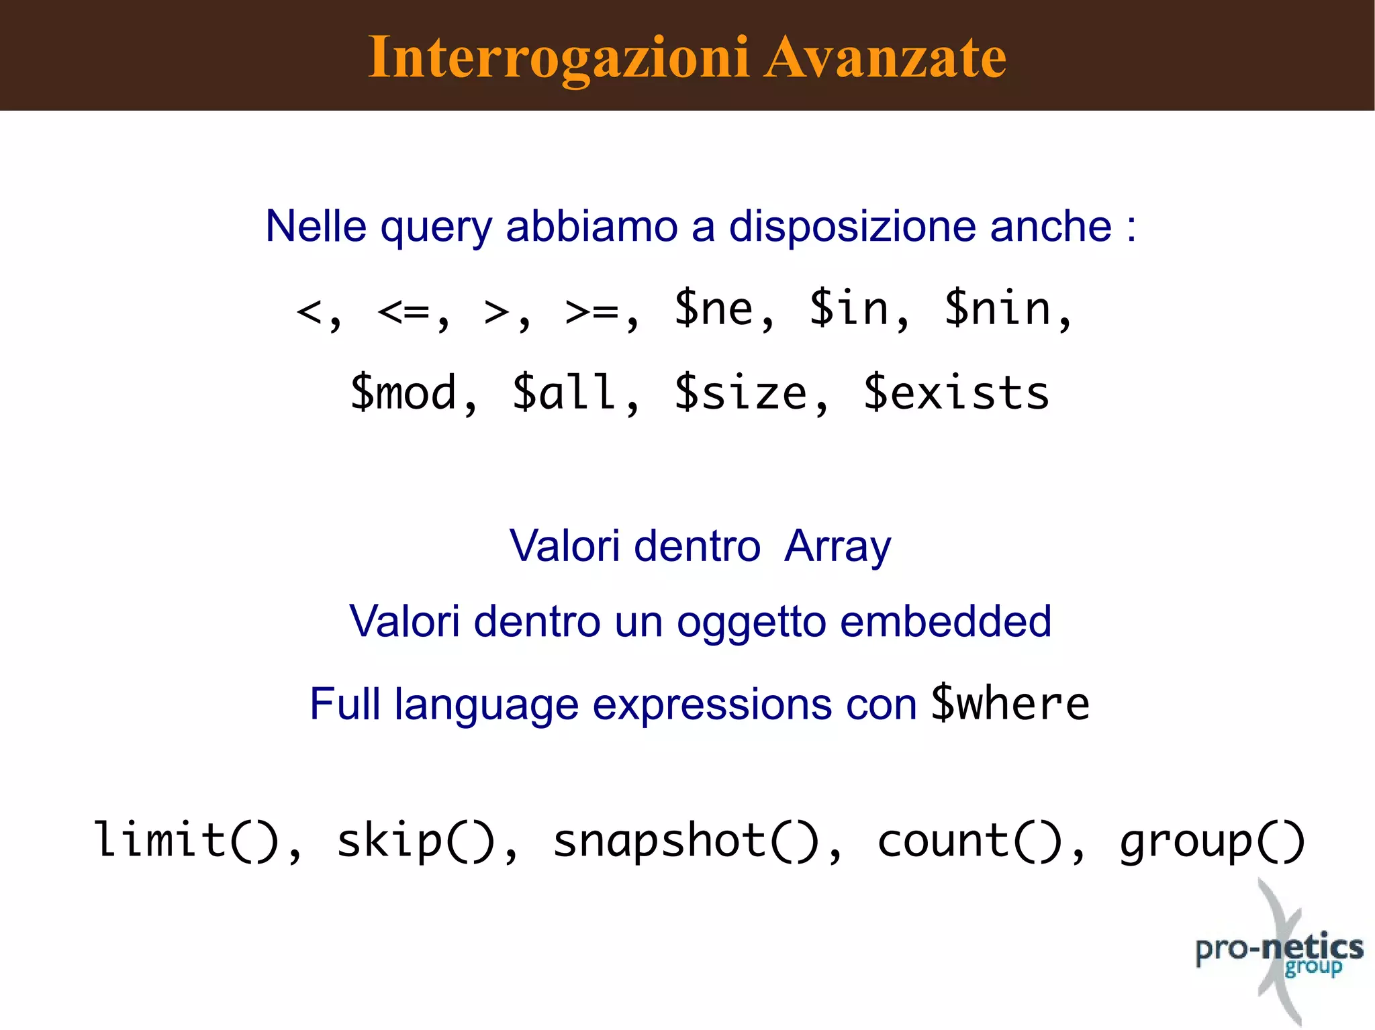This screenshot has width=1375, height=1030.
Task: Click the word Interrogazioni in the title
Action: point(559,58)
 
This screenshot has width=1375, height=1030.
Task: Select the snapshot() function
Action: point(685,841)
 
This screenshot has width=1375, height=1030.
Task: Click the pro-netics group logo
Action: point(1279,953)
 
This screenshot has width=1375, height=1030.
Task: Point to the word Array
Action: point(838,546)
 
